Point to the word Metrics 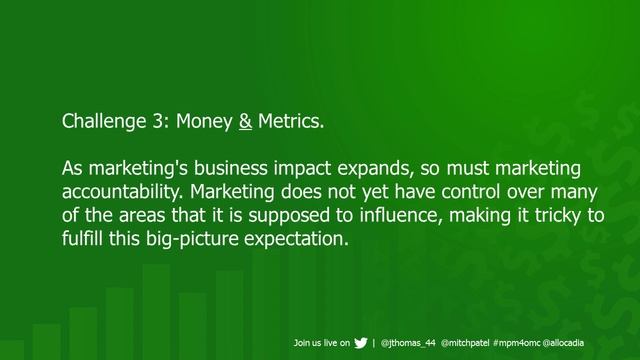pos(291,123)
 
